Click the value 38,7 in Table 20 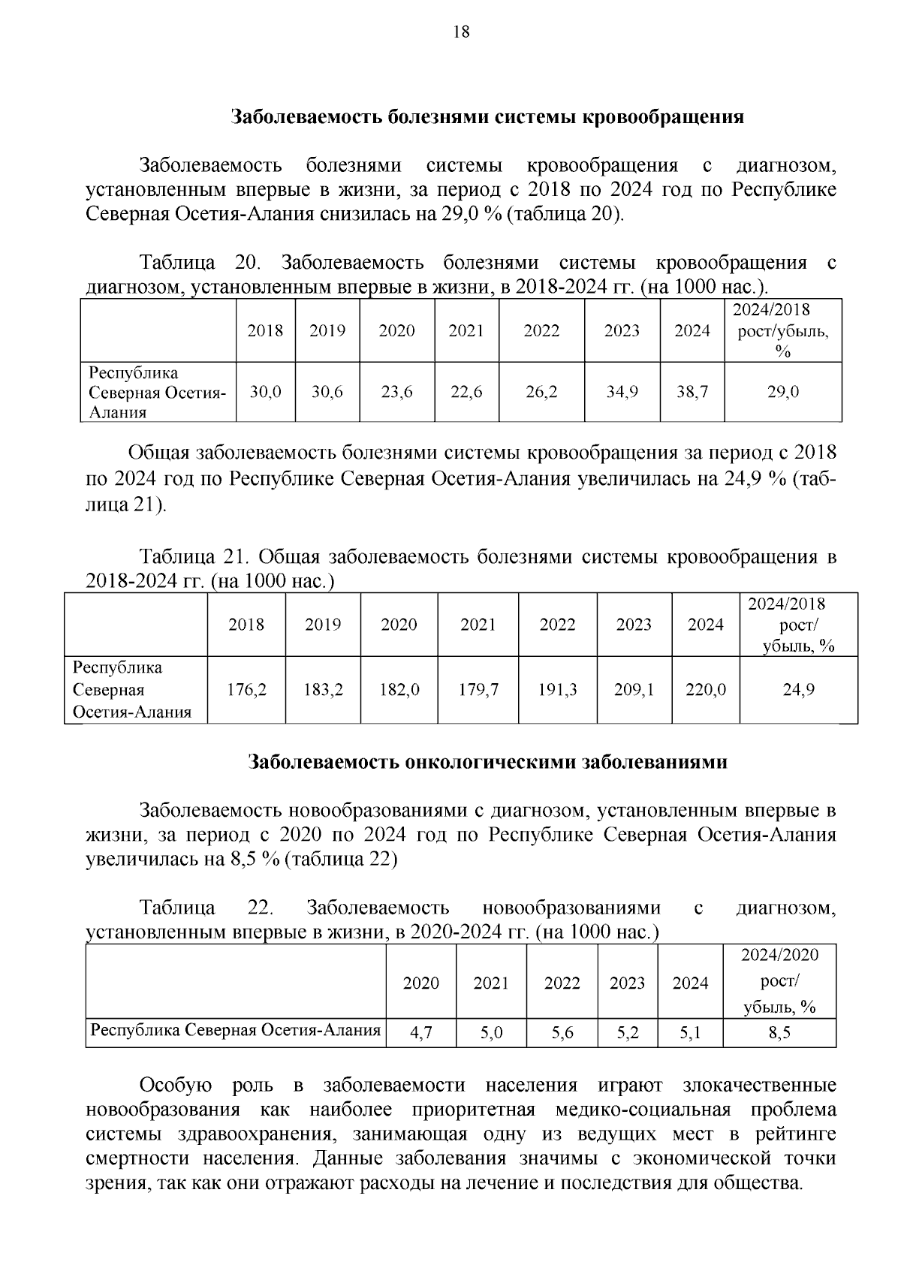click(x=692, y=391)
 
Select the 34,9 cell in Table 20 click(x=622, y=391)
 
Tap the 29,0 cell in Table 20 click(x=783, y=391)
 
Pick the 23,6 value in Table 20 click(x=396, y=391)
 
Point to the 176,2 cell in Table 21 click(x=246, y=689)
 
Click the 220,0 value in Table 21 click(x=706, y=689)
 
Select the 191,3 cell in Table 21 click(x=557, y=689)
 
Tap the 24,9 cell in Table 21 click(x=799, y=689)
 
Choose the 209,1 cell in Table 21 click(x=634, y=689)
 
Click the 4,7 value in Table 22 click(x=420, y=1033)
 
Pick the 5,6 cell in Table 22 click(x=562, y=1033)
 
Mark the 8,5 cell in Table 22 click(x=779, y=1033)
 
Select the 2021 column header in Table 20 click(x=466, y=330)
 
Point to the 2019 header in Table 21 click(x=323, y=625)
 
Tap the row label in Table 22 click(x=236, y=1030)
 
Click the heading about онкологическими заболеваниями click(x=488, y=762)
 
